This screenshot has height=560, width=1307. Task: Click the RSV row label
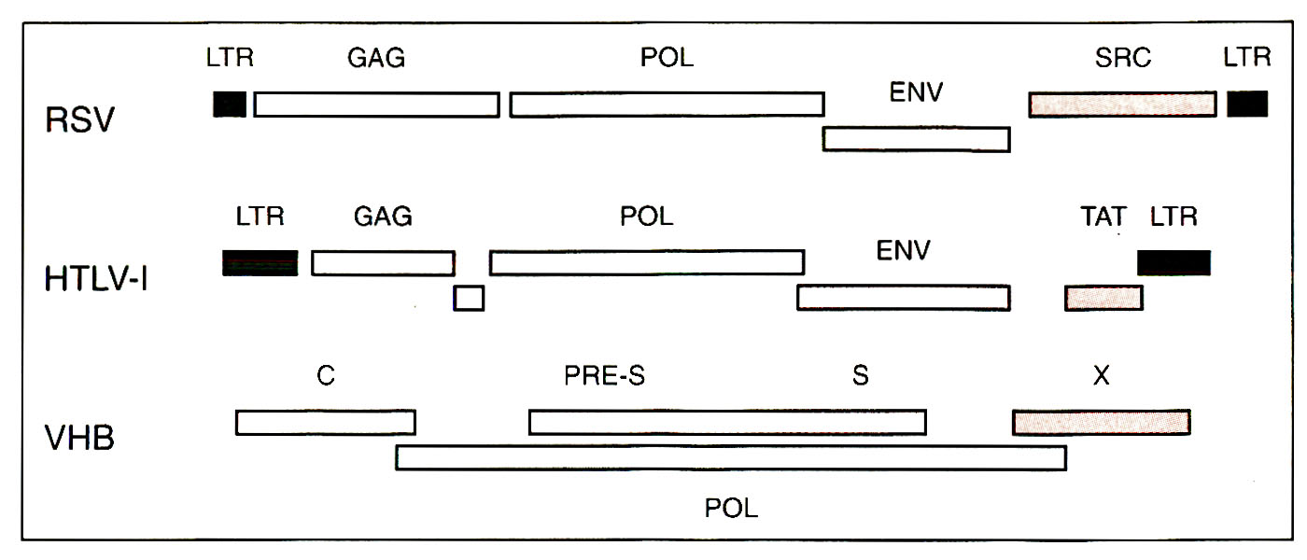coord(79,120)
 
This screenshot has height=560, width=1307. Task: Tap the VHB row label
coord(80,437)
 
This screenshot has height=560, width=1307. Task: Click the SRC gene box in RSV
coord(1122,105)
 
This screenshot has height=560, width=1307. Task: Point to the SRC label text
coord(1123,58)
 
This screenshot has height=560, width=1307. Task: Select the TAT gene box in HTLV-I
coord(1103,298)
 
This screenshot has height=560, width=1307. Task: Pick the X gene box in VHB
coord(1102,422)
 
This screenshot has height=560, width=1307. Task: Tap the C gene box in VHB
coord(325,423)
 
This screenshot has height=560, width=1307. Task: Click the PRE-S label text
coord(605,376)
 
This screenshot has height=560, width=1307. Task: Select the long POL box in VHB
coord(731,457)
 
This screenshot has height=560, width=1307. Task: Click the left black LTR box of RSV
coord(230,104)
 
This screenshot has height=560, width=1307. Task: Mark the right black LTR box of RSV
coord(1247,104)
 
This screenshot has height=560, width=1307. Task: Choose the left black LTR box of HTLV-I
coord(260,263)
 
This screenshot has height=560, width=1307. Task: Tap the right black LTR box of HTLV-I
coord(1173,262)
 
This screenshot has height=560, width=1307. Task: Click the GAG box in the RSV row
coord(376,105)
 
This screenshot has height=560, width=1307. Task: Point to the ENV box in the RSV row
coord(916,139)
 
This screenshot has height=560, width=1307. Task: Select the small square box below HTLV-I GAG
coord(469,298)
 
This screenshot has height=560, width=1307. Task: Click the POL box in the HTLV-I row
coord(647,262)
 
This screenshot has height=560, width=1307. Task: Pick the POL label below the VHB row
coord(731,509)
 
